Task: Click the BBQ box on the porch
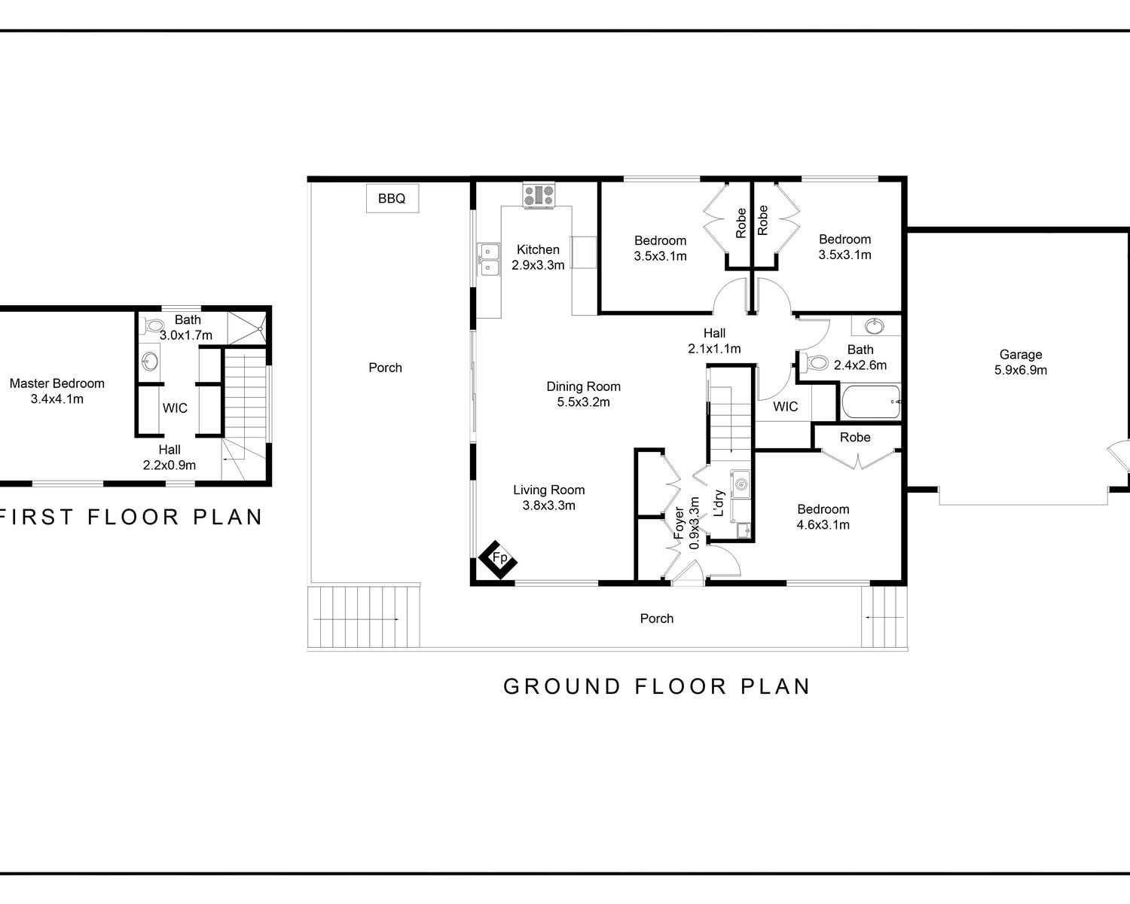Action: click(392, 198)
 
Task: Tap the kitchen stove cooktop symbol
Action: click(539, 195)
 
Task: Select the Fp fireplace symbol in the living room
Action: click(498, 560)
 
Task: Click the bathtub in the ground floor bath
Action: click(871, 402)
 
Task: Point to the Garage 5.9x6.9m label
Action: click(1020, 362)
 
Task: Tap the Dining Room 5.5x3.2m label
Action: click(583, 394)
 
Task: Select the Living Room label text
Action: click(548, 490)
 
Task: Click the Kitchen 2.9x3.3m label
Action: click(538, 257)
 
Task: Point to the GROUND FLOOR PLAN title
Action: click(657, 686)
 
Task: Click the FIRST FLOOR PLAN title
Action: click(130, 517)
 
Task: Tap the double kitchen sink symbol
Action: click(488, 259)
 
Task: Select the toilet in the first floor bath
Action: click(153, 325)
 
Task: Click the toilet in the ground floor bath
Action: click(814, 362)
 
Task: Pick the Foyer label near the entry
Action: click(679, 523)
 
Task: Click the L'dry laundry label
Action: click(719, 503)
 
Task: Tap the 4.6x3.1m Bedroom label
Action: click(823, 517)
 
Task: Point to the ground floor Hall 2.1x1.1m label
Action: click(714, 341)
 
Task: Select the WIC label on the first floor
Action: click(175, 408)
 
